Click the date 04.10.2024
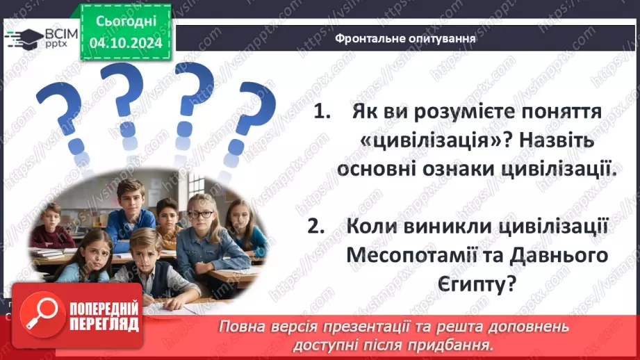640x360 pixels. pos(126,43)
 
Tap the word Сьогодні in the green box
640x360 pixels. pos(126,22)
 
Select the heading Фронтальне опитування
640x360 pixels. pos(405,38)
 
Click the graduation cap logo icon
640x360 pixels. pos(22,38)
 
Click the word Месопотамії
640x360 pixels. pos(404,255)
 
